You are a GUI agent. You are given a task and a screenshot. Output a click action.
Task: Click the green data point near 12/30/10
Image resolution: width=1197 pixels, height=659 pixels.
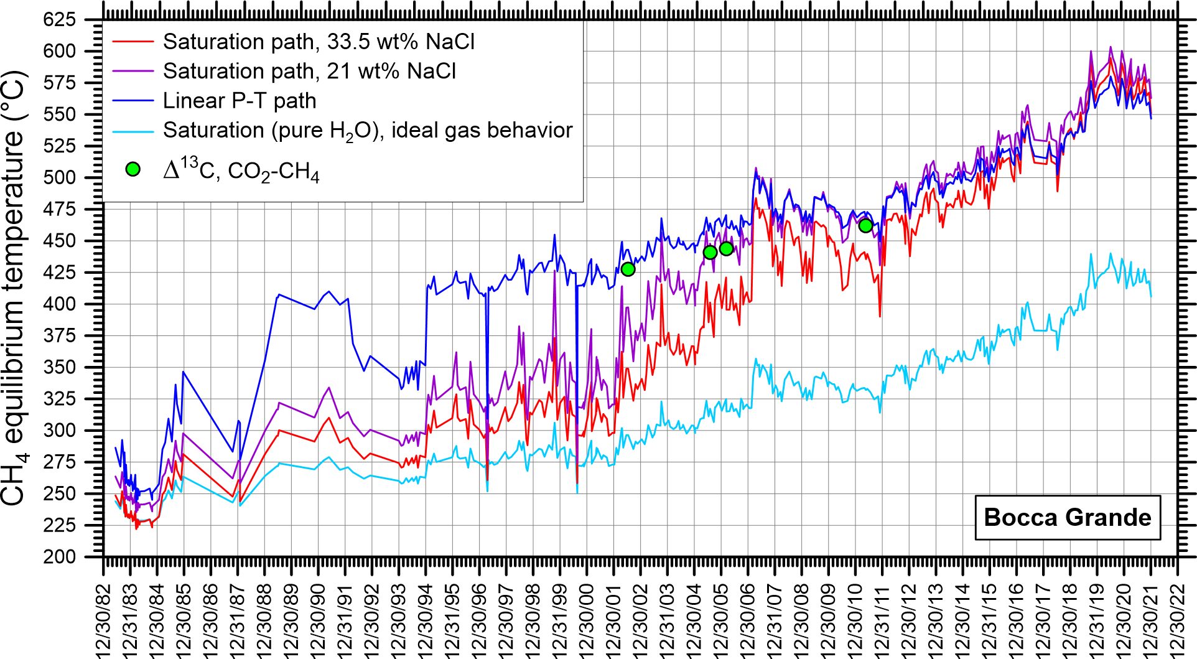click(865, 226)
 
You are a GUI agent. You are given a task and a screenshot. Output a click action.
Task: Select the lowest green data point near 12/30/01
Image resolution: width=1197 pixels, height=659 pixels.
click(628, 269)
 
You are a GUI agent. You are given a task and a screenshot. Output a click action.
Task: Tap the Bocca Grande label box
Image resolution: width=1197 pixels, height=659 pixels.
click(1067, 518)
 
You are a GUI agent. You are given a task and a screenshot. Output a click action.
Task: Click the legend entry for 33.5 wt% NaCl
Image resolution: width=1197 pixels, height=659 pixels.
click(318, 42)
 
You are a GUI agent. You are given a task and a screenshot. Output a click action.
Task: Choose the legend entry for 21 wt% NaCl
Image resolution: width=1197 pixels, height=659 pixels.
click(309, 72)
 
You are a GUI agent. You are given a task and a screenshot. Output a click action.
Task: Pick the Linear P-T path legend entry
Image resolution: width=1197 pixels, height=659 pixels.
click(239, 101)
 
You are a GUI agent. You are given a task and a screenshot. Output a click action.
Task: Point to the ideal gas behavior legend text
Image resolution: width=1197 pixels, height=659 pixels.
click(367, 130)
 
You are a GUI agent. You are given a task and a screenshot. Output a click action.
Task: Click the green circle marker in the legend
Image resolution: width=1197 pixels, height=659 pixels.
click(133, 169)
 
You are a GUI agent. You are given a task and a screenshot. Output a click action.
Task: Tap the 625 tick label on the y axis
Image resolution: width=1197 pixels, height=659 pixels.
click(60, 19)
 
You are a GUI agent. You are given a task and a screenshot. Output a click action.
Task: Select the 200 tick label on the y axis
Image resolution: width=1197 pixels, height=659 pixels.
click(60, 557)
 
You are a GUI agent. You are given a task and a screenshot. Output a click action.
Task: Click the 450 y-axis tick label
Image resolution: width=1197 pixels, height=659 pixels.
click(60, 241)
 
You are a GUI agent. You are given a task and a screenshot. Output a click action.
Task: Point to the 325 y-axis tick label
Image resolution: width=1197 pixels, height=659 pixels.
click(60, 399)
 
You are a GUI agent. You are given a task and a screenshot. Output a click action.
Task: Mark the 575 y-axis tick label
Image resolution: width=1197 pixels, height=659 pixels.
click(60, 83)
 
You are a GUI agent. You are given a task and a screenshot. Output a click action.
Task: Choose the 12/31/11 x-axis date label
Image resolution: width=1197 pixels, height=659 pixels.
click(883, 619)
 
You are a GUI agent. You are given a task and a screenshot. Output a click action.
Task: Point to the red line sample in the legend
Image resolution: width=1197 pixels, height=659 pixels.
click(133, 42)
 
